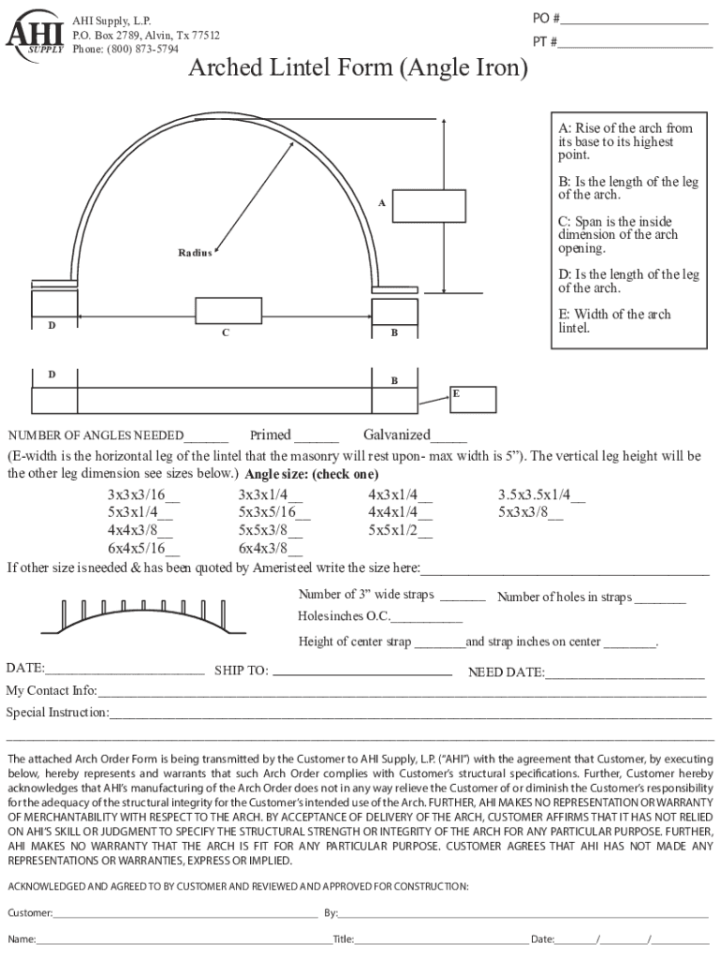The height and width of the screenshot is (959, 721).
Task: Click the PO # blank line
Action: click(x=636, y=22)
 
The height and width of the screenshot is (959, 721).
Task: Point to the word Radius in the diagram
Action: click(x=196, y=253)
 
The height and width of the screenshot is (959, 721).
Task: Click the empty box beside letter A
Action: click(x=416, y=206)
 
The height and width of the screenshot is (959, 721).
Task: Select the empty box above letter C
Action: click(x=228, y=310)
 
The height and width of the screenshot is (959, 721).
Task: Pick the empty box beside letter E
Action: click(x=472, y=398)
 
